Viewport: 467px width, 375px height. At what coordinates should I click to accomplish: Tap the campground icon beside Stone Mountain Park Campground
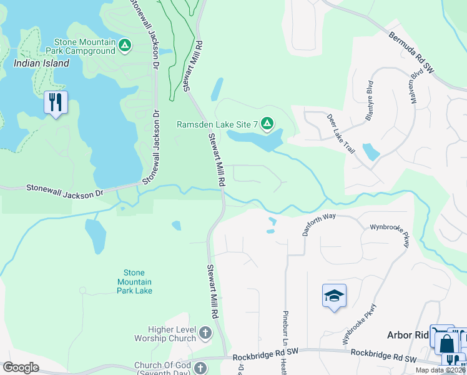pos(125,45)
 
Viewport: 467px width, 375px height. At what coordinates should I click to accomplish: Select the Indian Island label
pos(42,64)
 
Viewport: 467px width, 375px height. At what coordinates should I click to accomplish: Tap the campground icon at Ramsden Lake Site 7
pos(267,124)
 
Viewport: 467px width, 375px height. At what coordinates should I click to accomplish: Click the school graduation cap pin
pos(334,295)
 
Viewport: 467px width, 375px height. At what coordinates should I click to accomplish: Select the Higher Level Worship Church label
pos(165,334)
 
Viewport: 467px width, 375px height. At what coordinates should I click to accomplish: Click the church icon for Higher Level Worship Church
pos(206,334)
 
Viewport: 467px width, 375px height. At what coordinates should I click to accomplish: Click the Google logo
pos(21,367)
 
